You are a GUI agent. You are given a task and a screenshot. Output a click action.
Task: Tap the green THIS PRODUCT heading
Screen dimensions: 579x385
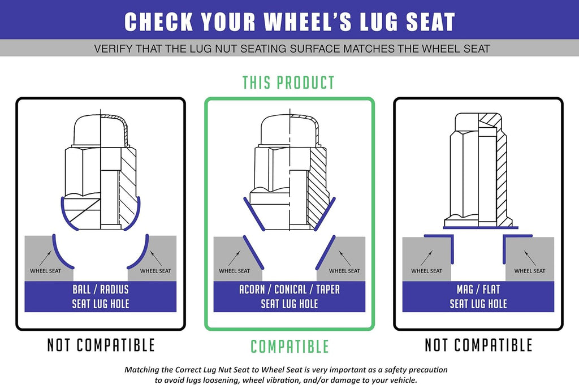click(288, 83)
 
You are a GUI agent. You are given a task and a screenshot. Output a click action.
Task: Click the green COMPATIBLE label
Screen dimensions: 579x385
click(289, 347)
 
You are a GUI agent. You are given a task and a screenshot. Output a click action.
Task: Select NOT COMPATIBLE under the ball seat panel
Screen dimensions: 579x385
click(101, 345)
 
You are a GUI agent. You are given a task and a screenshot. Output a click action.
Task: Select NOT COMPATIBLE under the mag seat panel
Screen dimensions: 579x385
click(478, 345)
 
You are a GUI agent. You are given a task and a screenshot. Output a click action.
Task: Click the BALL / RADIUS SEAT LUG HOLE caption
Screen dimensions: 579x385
click(101, 296)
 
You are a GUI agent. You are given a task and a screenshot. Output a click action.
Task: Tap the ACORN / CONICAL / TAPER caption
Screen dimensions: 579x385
click(289, 289)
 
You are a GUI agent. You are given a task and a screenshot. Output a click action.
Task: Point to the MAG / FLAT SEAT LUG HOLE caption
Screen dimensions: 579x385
click(478, 296)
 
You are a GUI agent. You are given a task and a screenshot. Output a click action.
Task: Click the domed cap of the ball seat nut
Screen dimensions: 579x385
click(101, 130)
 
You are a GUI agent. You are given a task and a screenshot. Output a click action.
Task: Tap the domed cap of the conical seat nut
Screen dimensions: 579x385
click(289, 130)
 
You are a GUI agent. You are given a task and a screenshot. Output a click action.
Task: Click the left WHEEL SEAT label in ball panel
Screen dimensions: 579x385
click(45, 271)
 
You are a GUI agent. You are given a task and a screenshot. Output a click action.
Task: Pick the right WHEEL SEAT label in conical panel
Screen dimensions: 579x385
click(344, 271)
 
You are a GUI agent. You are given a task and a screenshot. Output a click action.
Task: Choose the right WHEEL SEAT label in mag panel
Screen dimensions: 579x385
click(529, 271)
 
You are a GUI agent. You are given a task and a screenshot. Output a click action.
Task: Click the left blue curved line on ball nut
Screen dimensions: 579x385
click(65, 217)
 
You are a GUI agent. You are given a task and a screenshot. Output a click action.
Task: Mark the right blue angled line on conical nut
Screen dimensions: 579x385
click(325, 214)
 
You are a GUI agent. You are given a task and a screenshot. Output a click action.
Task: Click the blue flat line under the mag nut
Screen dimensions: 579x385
click(481, 228)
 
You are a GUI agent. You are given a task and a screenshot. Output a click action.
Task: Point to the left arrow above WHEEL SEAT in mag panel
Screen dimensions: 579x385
click(426, 258)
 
